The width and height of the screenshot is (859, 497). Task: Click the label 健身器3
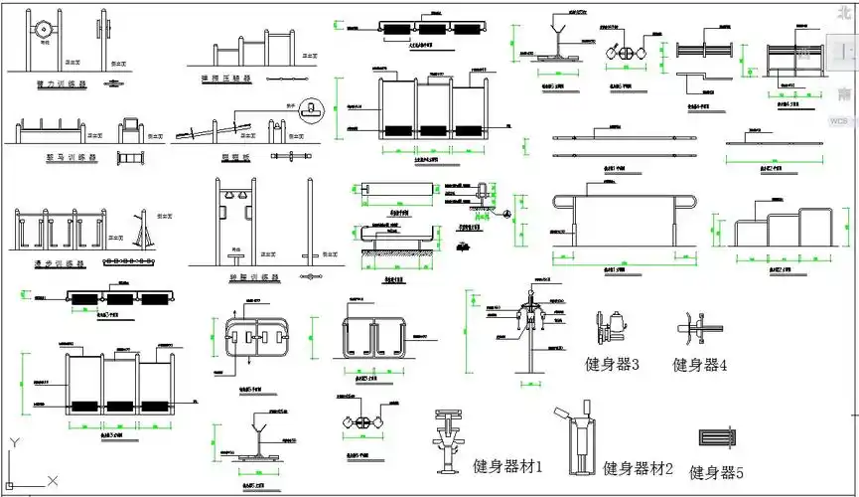pyautogui.click(x=612, y=365)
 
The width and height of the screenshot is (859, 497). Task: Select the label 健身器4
pyautogui.click(x=700, y=365)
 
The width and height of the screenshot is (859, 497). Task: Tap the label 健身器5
pyautogui.click(x=716, y=473)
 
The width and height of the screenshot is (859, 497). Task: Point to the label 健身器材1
pyautogui.click(x=507, y=465)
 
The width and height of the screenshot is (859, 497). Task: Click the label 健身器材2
pyautogui.click(x=638, y=468)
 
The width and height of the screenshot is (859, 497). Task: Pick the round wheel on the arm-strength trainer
pyautogui.click(x=44, y=30)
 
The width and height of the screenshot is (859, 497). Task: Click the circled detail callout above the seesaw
pyautogui.click(x=315, y=106)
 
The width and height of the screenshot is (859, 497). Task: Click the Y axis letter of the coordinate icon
pyautogui.click(x=12, y=443)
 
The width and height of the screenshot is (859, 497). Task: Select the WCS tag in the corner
pyautogui.click(x=841, y=120)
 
